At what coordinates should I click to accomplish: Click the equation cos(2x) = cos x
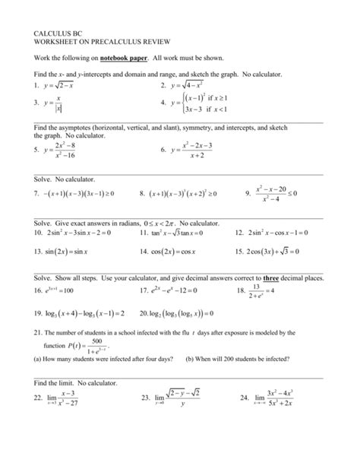tap(178, 250)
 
